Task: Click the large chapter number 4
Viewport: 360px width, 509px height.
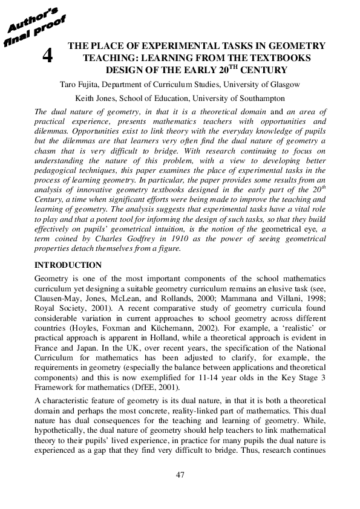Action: click(47, 57)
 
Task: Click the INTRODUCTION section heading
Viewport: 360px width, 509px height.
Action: click(68, 265)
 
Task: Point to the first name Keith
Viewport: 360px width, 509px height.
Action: click(85, 97)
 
